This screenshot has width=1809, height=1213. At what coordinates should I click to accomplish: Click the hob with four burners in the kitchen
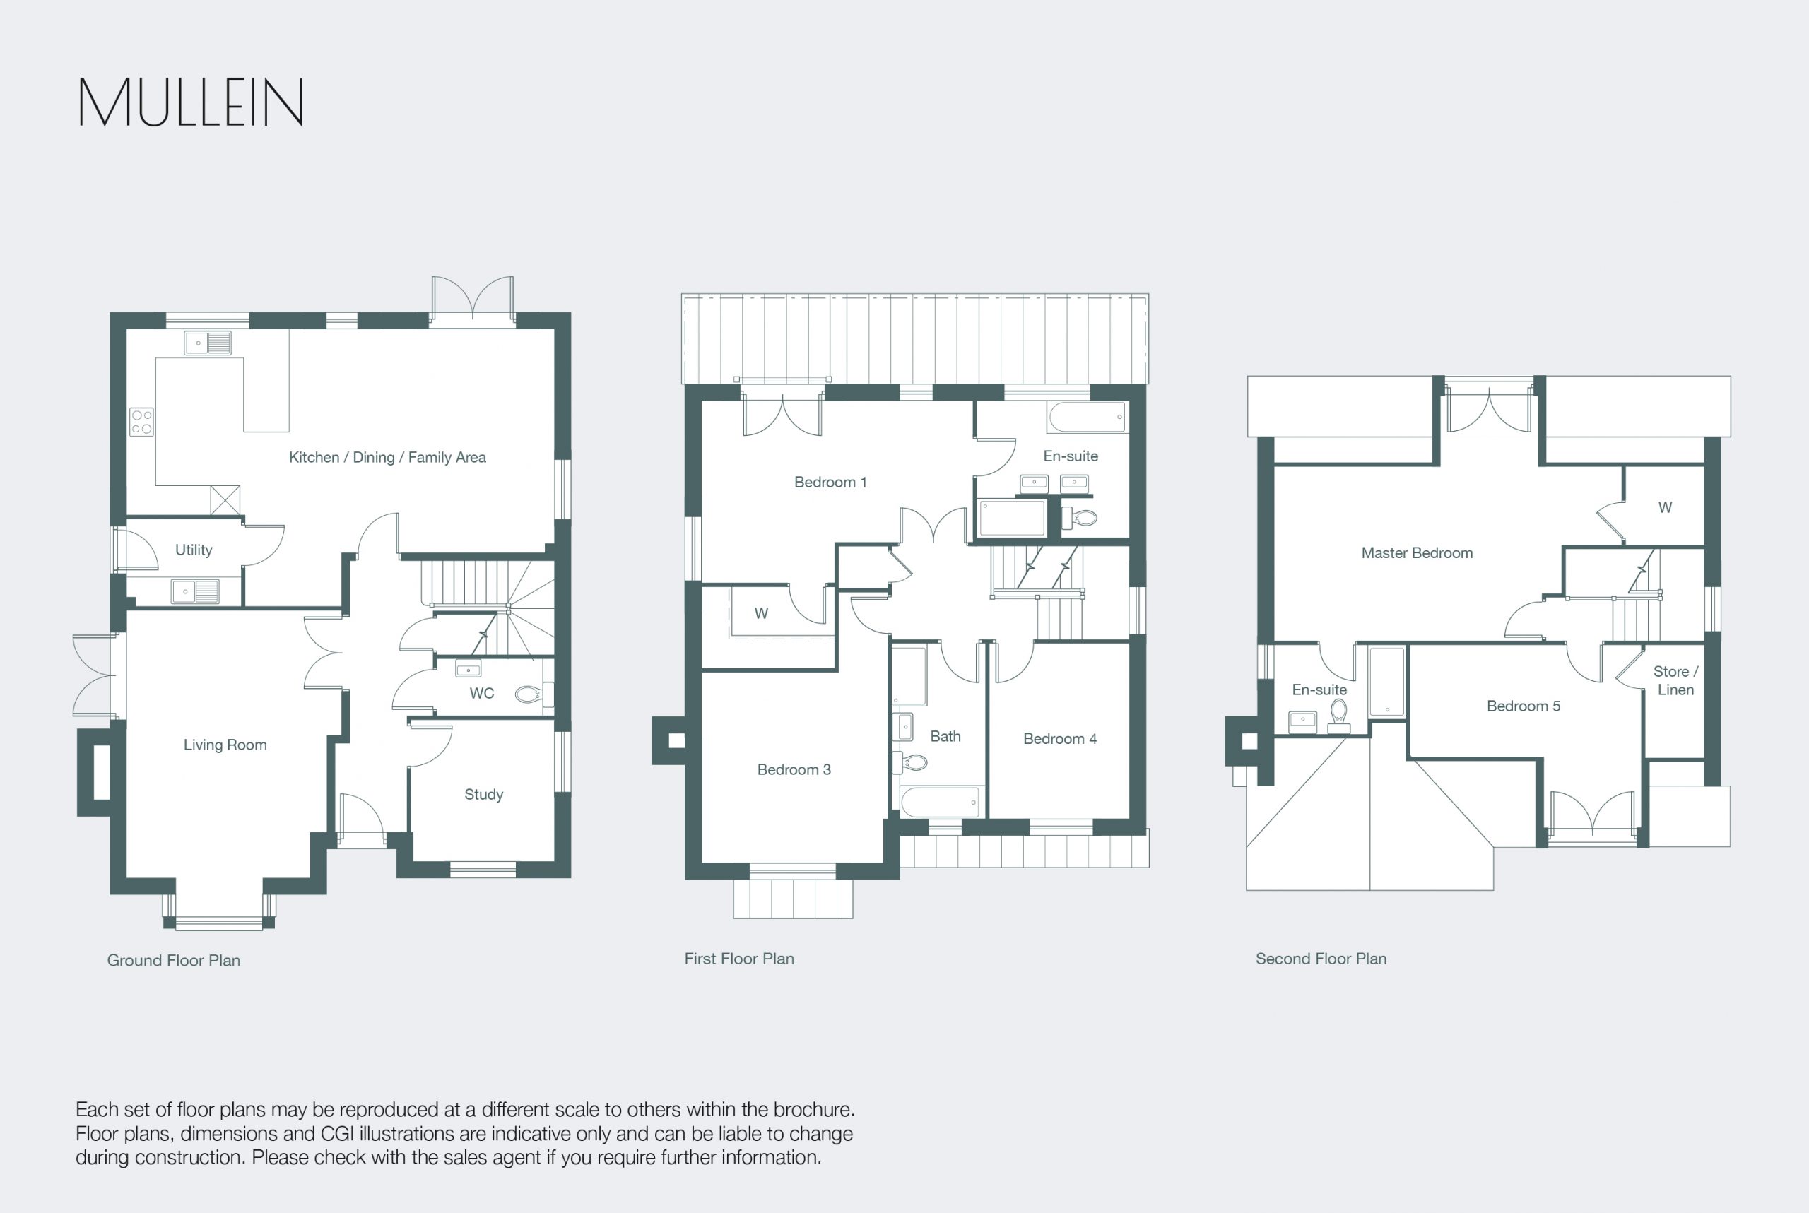tap(141, 422)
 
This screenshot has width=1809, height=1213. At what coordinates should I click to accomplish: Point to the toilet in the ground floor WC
tap(529, 694)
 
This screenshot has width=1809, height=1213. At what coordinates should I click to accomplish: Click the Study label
tap(483, 795)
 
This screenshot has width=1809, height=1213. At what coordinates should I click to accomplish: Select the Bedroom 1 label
tap(830, 482)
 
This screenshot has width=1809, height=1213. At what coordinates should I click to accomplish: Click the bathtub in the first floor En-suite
tap(1087, 417)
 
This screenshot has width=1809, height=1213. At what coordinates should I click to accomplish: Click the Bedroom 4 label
tap(1060, 739)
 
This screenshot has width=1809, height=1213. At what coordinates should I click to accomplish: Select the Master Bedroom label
tap(1417, 553)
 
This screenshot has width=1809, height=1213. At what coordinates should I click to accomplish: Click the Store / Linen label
tap(1675, 681)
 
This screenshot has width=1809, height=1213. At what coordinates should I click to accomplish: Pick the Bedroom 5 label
tap(1524, 706)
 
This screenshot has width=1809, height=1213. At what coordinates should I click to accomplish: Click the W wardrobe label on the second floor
tap(1665, 507)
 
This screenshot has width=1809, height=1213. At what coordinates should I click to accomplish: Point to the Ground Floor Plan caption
tap(173, 960)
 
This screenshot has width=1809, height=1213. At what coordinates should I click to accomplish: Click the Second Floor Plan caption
tap(1321, 959)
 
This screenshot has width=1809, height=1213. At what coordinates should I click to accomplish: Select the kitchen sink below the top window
tap(207, 343)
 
